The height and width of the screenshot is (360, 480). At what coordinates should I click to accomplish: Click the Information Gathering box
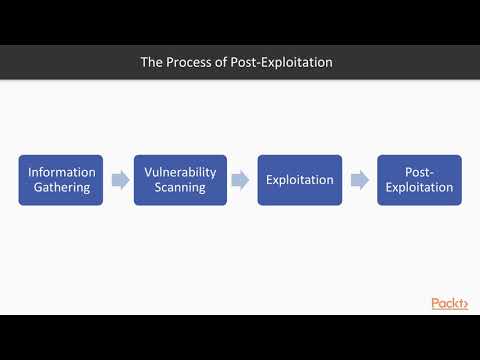click(61, 180)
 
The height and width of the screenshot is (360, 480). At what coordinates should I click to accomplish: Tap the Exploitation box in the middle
click(299, 180)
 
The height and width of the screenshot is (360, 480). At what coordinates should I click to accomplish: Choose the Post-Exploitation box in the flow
click(419, 180)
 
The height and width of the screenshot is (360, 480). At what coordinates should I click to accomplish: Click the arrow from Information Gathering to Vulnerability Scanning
click(119, 180)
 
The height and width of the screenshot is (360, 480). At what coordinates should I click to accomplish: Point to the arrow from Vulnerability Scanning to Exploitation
click(240, 180)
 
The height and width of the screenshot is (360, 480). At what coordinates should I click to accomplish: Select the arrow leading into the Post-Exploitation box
click(358, 180)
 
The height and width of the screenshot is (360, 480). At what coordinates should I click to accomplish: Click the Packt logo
click(449, 303)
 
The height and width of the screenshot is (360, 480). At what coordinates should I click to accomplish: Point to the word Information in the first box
click(61, 172)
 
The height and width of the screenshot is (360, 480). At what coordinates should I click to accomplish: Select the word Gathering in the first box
click(61, 187)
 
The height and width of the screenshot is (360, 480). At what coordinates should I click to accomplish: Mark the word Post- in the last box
click(419, 172)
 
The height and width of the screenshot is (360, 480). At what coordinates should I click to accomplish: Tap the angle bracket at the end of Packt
click(463, 304)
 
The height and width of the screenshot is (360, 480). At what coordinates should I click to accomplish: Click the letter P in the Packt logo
click(436, 303)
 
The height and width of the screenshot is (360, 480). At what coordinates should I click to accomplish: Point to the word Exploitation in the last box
click(419, 187)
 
